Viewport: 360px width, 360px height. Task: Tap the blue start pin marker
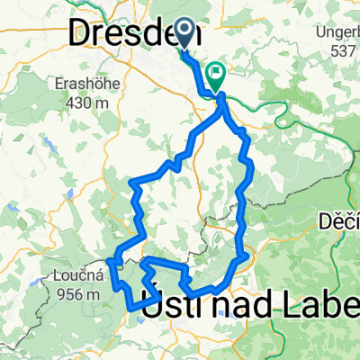coord(184,34)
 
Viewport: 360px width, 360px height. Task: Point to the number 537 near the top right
coord(343,53)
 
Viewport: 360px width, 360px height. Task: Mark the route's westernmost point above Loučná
coord(109,260)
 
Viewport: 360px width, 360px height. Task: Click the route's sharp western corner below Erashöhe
coord(133,183)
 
